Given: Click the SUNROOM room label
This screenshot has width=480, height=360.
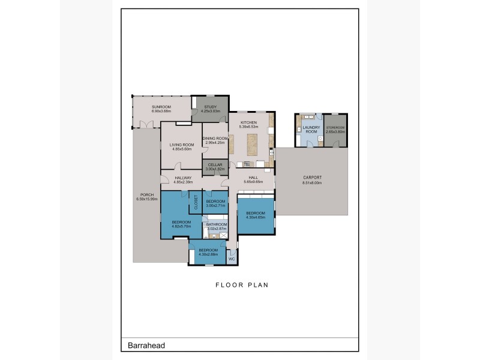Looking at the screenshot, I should coord(161,106).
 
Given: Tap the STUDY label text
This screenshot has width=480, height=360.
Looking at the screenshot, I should coord(210,106).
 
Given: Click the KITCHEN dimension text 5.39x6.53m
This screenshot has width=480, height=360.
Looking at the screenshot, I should coord(248,127).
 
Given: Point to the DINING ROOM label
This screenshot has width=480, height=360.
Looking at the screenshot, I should coord(214,139).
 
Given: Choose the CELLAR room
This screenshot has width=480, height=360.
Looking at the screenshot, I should coord(214,167).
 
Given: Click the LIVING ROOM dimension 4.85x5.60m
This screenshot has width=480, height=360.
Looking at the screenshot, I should coord(180,149).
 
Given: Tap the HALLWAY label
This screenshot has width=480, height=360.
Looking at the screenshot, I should coord(183,178).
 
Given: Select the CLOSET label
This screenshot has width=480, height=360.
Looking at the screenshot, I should coord(196,203).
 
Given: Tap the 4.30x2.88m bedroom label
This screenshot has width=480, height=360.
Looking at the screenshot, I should coord(208,250).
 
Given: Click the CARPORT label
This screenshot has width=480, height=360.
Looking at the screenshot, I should coord(312,178).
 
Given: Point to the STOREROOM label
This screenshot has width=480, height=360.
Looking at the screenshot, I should coord(336,127).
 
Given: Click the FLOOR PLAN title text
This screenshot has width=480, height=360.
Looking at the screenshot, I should coord(242,286).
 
